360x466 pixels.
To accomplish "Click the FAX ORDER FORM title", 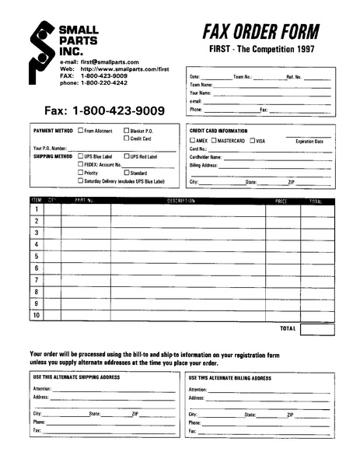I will coord(260,31).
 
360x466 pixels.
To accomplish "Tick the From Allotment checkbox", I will coord(80,131).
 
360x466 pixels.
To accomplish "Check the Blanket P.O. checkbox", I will coord(126,131).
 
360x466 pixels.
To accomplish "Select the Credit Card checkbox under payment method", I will coord(126,138).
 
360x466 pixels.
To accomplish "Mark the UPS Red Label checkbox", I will coord(126,156).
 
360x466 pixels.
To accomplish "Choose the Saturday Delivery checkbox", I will coord(80,181).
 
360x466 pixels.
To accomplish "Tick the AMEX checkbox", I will coord(193,140).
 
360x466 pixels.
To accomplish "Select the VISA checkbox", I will coord(251,140).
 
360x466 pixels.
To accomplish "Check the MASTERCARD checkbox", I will coord(213,140).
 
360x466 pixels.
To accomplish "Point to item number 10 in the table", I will coord(36,315).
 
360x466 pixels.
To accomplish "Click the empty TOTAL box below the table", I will coord(316,329).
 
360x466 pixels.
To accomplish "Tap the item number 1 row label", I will coord(36,209).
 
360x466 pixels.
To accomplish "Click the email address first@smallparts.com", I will coord(110,61).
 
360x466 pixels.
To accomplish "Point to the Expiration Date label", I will coord(309,141).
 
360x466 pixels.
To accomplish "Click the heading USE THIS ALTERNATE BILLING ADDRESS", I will coord(229,377).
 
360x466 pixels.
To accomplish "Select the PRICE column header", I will coord(281,201).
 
